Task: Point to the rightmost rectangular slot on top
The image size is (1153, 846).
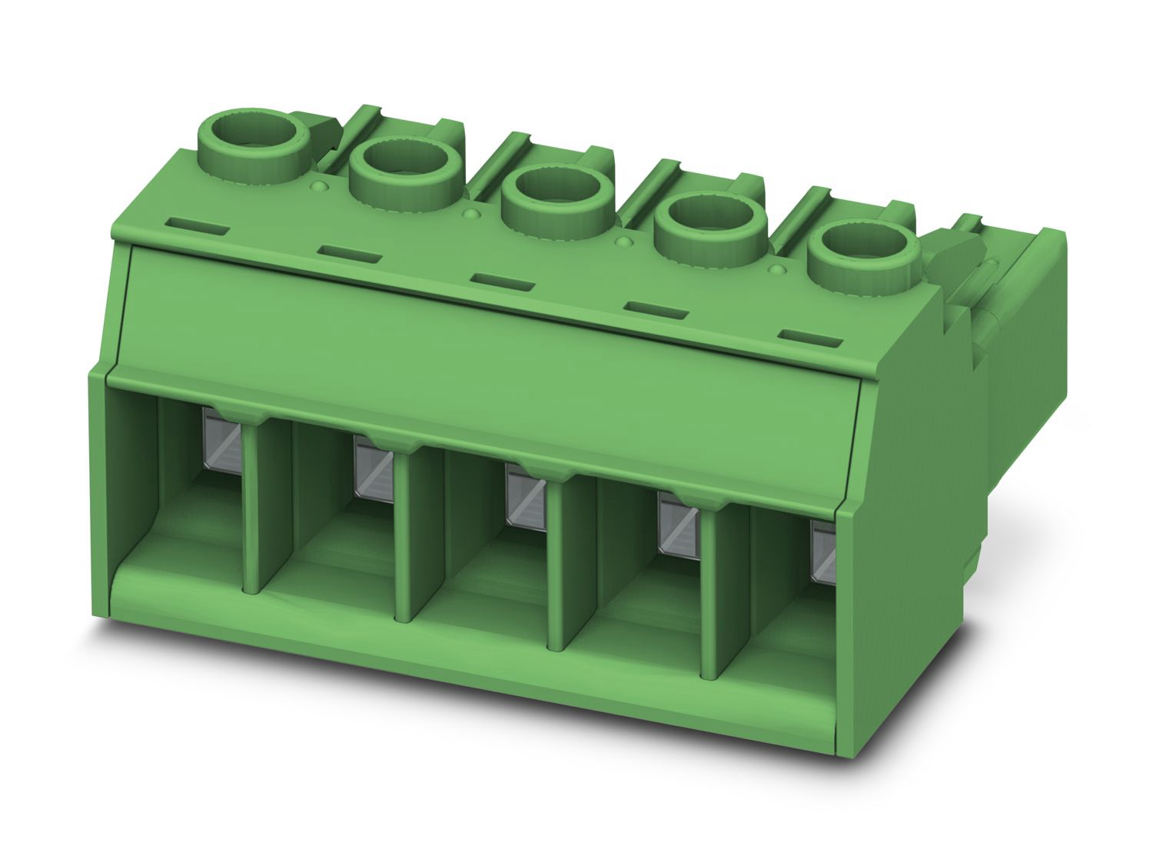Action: tap(811, 337)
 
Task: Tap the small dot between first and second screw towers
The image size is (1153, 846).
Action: tap(319, 187)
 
